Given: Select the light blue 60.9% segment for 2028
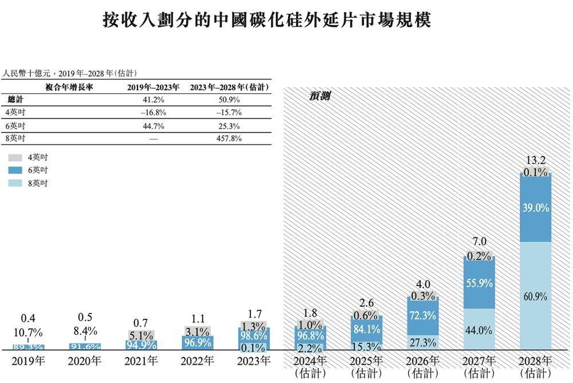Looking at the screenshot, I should click(535, 296).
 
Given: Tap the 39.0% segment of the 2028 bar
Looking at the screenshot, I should click(535, 208).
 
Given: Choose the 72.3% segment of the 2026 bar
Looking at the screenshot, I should click(422, 315).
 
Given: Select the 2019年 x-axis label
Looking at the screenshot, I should click(28, 361).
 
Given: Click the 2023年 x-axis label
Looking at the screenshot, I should click(254, 361).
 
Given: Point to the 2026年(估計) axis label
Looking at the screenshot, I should click(422, 366).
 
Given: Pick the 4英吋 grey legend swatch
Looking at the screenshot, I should click(15, 156).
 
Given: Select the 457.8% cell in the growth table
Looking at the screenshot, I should click(227, 139).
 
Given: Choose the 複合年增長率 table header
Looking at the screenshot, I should click(69, 86).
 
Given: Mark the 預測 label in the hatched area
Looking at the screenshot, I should click(319, 97).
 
